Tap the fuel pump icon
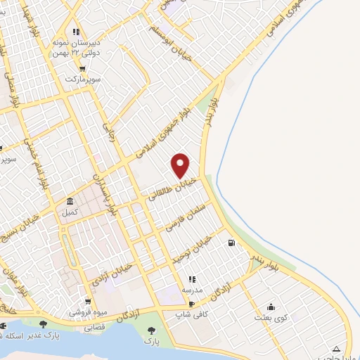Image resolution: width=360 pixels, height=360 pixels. tap(231, 244)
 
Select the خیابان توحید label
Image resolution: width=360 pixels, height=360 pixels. tap(193, 251)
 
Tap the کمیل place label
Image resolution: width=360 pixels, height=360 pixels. tap(71, 212)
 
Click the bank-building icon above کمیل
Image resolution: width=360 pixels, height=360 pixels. tap(70, 201)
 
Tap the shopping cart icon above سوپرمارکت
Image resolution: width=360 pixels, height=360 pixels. tap(83, 68)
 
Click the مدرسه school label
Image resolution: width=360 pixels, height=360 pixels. tap(192, 290)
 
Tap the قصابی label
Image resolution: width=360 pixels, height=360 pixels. tap(95, 328)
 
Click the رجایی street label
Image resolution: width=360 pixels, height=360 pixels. tap(109, 131)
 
